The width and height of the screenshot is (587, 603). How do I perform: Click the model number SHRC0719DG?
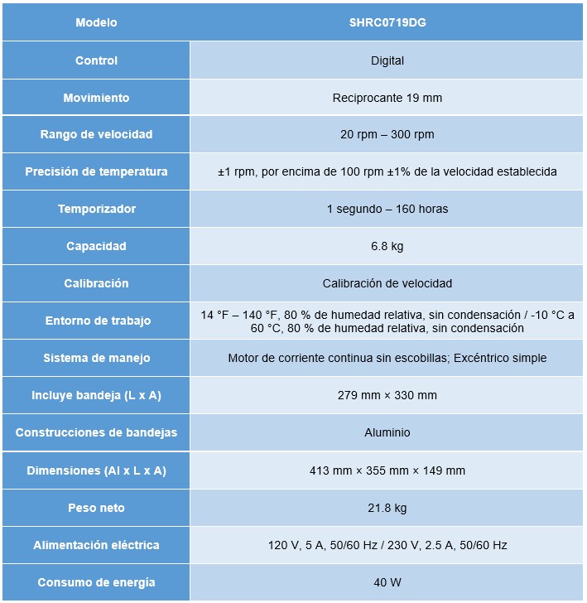click(x=387, y=23)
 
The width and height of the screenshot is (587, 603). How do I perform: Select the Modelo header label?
click(x=96, y=23)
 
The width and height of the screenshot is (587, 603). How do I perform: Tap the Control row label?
click(x=96, y=60)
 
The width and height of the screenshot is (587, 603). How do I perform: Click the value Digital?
click(x=387, y=60)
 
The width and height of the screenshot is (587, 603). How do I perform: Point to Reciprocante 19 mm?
click(x=387, y=98)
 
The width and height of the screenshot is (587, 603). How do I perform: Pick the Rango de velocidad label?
click(x=96, y=134)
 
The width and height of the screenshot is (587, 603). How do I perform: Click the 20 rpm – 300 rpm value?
click(x=387, y=134)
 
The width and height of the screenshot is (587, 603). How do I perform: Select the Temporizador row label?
click(x=96, y=209)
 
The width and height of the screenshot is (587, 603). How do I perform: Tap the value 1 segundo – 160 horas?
click(x=387, y=209)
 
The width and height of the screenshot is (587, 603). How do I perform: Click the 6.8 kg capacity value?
click(x=387, y=246)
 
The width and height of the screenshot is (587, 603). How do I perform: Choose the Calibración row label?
click(x=96, y=283)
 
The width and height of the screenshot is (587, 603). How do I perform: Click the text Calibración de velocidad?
click(x=387, y=283)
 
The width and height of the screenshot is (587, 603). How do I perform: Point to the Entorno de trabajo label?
click(x=96, y=321)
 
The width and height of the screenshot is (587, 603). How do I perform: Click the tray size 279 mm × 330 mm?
click(x=387, y=395)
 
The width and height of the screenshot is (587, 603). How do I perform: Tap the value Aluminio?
click(x=387, y=432)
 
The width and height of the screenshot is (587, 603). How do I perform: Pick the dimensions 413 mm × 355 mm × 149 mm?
click(x=387, y=470)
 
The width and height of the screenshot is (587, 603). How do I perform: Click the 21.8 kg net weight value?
click(x=387, y=508)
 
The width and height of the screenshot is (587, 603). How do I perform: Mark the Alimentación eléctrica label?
click(x=96, y=545)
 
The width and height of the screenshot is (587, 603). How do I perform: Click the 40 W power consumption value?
click(x=387, y=582)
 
